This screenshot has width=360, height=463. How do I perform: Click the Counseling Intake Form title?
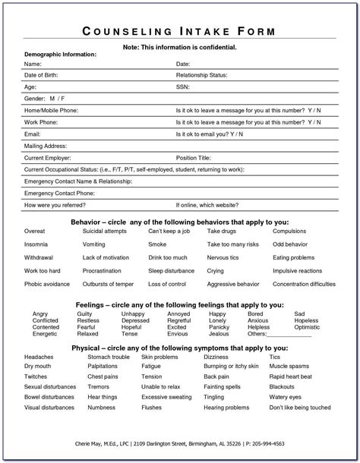pos(179,31)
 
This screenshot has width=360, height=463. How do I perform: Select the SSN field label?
pos(183,87)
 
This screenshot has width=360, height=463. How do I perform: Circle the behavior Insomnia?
pos(36,245)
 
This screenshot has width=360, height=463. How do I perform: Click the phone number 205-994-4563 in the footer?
pos(289,443)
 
